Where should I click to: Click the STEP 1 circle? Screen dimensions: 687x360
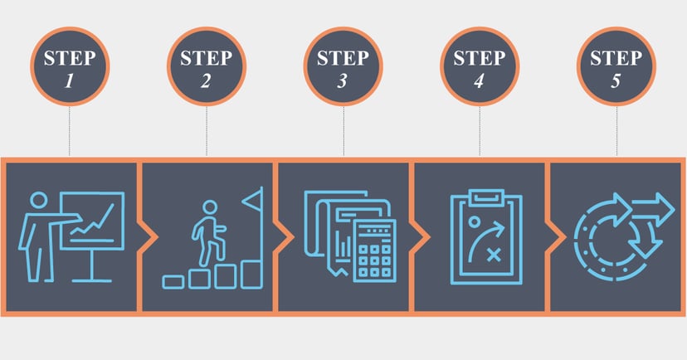click(x=70, y=66)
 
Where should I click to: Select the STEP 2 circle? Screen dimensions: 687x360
click(x=207, y=66)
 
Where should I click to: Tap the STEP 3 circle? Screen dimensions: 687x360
click(x=343, y=66)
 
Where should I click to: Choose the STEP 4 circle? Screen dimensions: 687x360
click(x=480, y=66)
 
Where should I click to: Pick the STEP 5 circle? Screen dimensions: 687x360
click(x=616, y=66)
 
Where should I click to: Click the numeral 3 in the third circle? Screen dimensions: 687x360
click(x=342, y=81)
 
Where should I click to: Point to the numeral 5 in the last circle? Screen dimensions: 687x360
click(x=616, y=81)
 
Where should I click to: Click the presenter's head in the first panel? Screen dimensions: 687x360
click(x=38, y=200)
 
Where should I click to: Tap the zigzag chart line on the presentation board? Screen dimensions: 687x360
click(x=93, y=221)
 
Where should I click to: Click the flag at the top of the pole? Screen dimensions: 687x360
click(x=253, y=199)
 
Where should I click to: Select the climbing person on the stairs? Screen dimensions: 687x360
click(x=208, y=233)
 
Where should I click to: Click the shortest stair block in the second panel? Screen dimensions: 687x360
click(x=173, y=281)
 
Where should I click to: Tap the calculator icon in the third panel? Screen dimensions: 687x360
click(x=374, y=251)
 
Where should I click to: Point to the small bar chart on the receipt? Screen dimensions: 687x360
click(x=343, y=248)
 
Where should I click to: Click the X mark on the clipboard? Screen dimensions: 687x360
click(x=495, y=255)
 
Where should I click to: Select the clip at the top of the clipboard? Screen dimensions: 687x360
click(x=486, y=198)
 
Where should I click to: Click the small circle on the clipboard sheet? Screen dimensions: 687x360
click(x=474, y=221)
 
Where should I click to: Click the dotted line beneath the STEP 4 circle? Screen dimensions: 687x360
click(x=480, y=131)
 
